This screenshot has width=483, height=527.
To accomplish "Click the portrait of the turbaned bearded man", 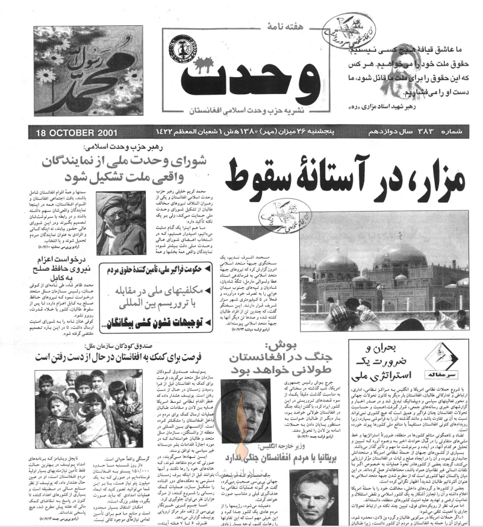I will click(121, 222).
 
